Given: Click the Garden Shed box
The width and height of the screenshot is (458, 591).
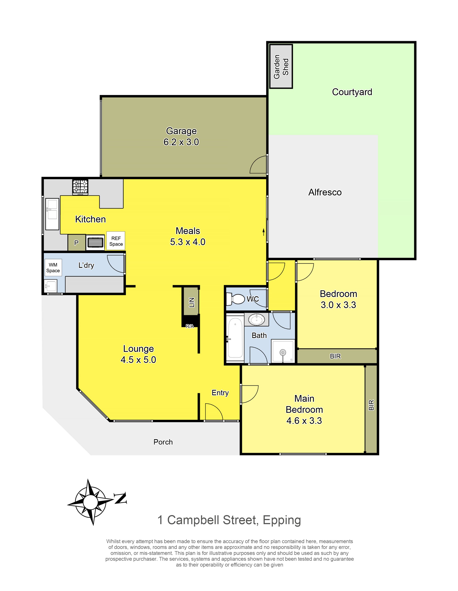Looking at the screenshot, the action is (281, 66).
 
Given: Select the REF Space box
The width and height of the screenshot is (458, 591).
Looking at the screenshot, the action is (116, 241).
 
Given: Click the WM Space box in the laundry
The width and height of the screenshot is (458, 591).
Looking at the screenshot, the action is (53, 268).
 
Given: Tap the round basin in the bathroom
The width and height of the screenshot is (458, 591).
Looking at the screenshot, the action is (257, 320).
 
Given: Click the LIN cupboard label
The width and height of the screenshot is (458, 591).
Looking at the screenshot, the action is (192, 302).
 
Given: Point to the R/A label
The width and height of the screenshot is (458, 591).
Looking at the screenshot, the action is (190, 326).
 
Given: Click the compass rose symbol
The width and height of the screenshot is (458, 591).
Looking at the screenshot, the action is (90, 502).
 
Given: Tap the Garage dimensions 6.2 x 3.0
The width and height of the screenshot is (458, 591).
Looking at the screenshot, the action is (181, 142).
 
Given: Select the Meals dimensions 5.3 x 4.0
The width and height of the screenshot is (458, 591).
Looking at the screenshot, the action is (188, 242).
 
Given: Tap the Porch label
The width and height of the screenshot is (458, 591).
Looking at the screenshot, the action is (163, 442).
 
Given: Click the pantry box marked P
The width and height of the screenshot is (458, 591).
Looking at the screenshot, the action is (76, 243).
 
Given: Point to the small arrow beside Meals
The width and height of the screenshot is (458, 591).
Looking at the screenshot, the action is (264, 232).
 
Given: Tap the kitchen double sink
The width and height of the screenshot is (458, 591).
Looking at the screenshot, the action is (52, 214).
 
